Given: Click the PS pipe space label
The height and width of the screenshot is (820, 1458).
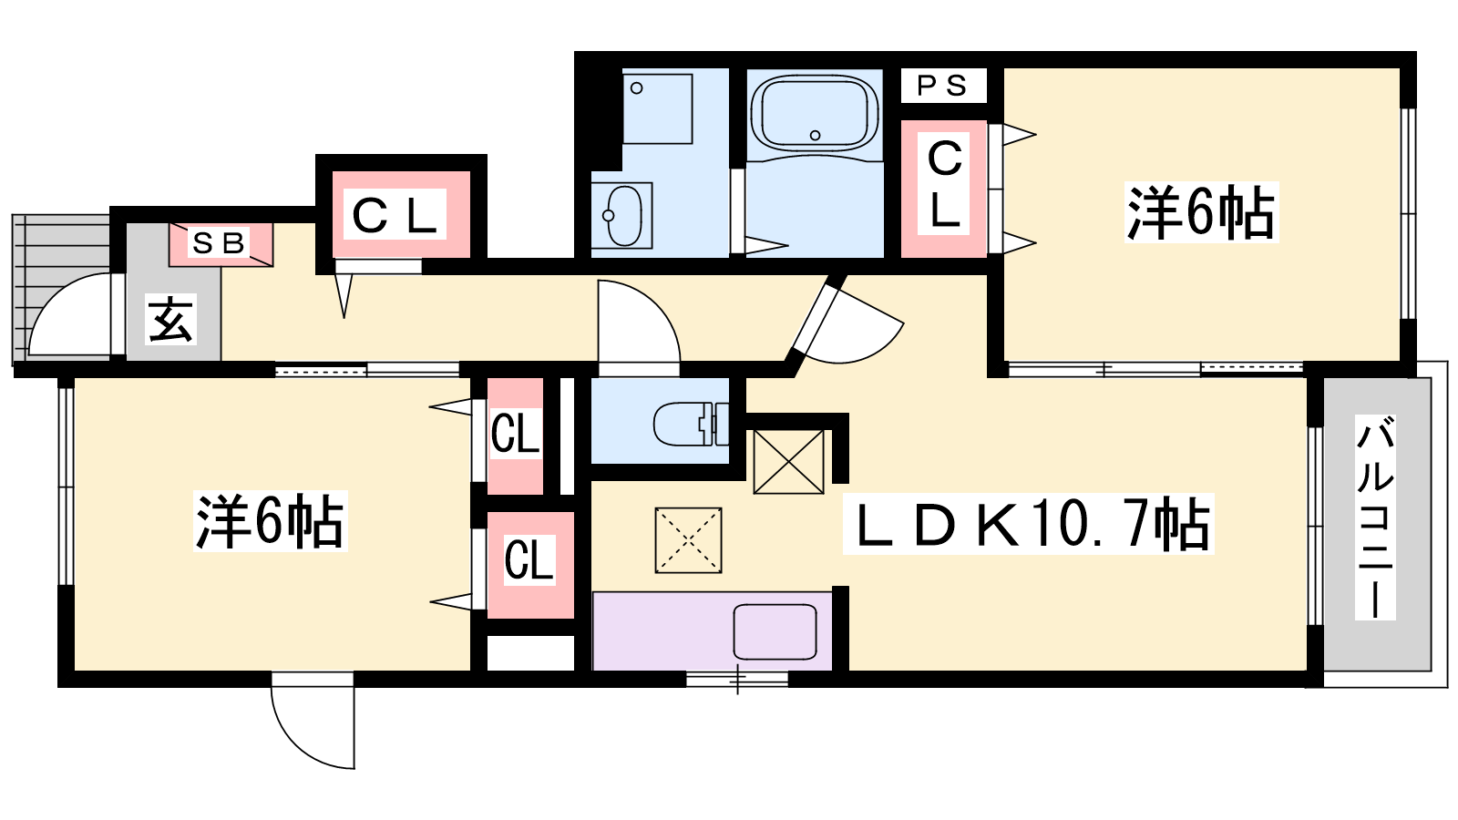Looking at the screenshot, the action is click(942, 86).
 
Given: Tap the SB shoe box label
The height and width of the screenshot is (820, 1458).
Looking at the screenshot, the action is click(218, 243).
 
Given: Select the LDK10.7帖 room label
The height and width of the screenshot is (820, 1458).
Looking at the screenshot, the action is click(1029, 525).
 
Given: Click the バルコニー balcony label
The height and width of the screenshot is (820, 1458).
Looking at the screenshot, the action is click(1375, 518).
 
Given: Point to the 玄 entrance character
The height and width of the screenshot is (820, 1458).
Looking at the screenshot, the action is click(170, 320).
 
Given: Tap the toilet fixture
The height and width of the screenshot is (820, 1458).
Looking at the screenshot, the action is click(692, 424).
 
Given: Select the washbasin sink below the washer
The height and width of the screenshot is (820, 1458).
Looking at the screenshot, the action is click(621, 215).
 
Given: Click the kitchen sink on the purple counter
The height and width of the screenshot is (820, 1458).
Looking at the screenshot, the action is click(775, 631).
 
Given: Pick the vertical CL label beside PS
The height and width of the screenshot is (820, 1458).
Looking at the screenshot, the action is click(944, 186).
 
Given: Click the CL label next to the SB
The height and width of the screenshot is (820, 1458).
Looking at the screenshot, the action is click(394, 215).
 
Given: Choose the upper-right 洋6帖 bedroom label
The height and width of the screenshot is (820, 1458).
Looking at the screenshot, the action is click(1201, 212).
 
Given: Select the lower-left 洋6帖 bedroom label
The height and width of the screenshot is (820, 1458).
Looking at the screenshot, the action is click(270, 521).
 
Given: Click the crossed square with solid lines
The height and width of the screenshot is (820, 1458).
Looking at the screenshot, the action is click(788, 461).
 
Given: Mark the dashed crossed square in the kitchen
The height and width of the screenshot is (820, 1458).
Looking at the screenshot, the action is click(688, 540).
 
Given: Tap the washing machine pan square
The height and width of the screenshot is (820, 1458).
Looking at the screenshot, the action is click(657, 108).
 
